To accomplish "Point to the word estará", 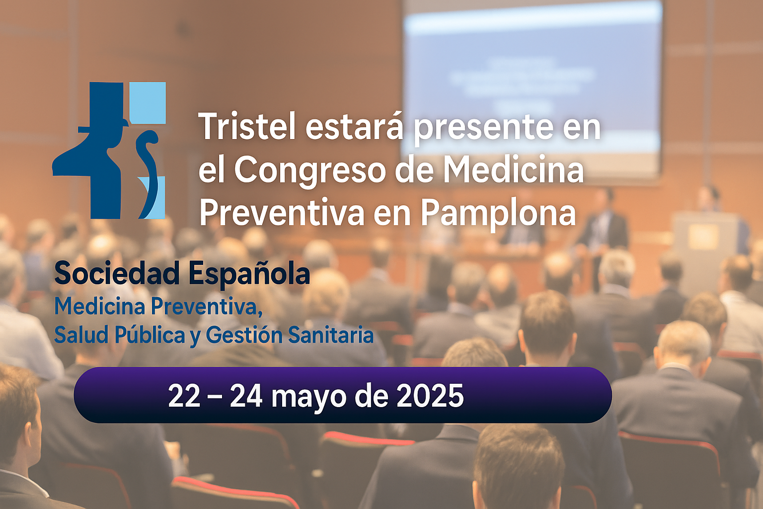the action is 354,127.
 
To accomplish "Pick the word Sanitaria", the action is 331,335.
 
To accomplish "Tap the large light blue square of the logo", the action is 148,102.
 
